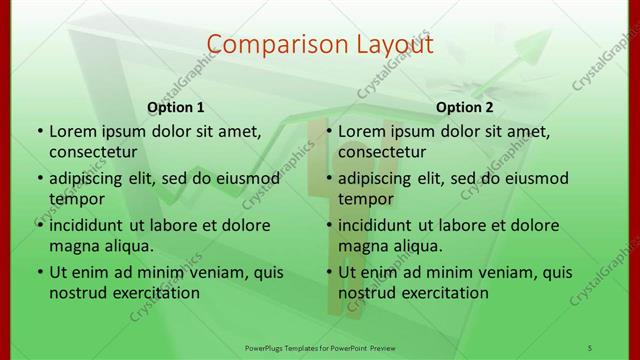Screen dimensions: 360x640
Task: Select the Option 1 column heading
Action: (176, 107)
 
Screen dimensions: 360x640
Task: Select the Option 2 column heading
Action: (465, 107)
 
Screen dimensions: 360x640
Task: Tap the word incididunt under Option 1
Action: (89, 225)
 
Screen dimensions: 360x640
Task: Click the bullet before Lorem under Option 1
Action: (39, 131)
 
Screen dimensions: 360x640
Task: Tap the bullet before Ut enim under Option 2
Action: (328, 272)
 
